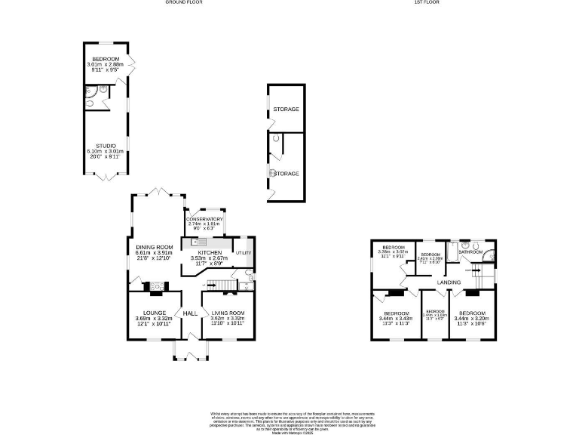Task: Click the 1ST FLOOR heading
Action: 427,2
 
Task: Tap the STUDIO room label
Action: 106,146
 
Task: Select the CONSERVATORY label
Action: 205,219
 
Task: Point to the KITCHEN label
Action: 210,252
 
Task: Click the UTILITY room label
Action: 243,252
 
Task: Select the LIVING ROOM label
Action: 228,313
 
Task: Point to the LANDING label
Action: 449,282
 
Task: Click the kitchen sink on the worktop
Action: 198,242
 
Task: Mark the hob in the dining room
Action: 159,285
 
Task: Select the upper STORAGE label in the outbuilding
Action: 286,110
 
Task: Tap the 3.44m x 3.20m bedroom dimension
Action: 472,319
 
